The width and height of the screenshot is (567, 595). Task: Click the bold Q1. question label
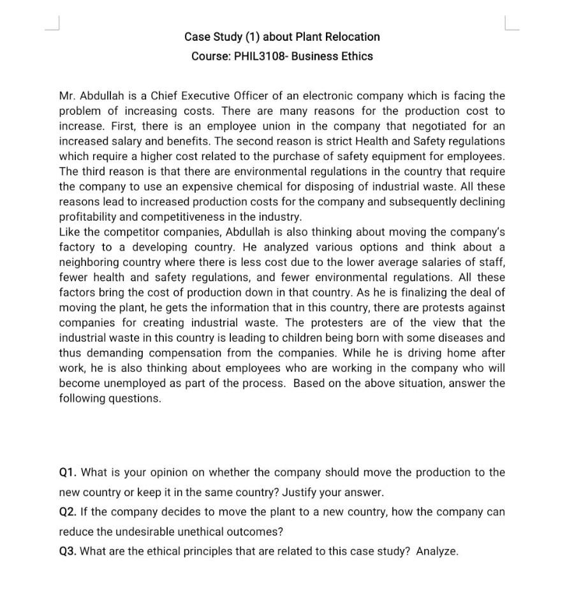click(x=68, y=473)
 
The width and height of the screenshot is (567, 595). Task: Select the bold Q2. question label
click(x=68, y=512)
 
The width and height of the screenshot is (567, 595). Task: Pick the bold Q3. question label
click(x=68, y=552)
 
